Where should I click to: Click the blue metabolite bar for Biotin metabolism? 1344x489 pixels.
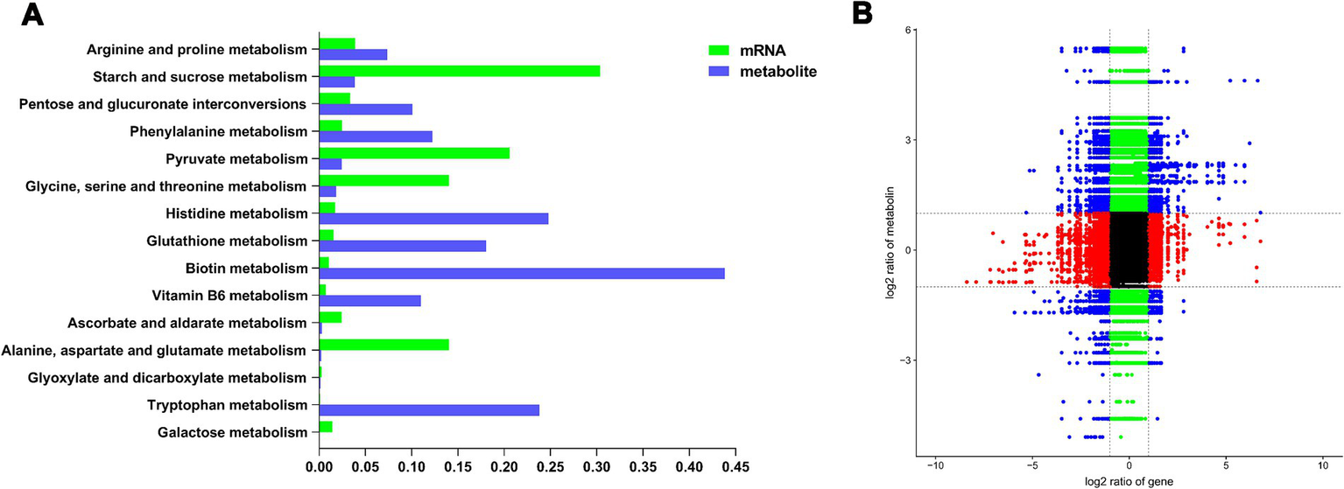(522, 273)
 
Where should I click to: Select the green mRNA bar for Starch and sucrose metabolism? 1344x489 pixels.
(459, 70)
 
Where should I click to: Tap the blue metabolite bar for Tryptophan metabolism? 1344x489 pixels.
(429, 410)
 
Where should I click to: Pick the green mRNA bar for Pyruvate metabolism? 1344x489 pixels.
(413, 153)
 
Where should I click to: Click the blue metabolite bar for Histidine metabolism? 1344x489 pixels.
(433, 219)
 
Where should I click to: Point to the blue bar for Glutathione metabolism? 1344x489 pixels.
(402, 246)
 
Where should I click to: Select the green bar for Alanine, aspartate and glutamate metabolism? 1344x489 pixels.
(383, 345)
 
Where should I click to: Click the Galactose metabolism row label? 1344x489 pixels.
(232, 432)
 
